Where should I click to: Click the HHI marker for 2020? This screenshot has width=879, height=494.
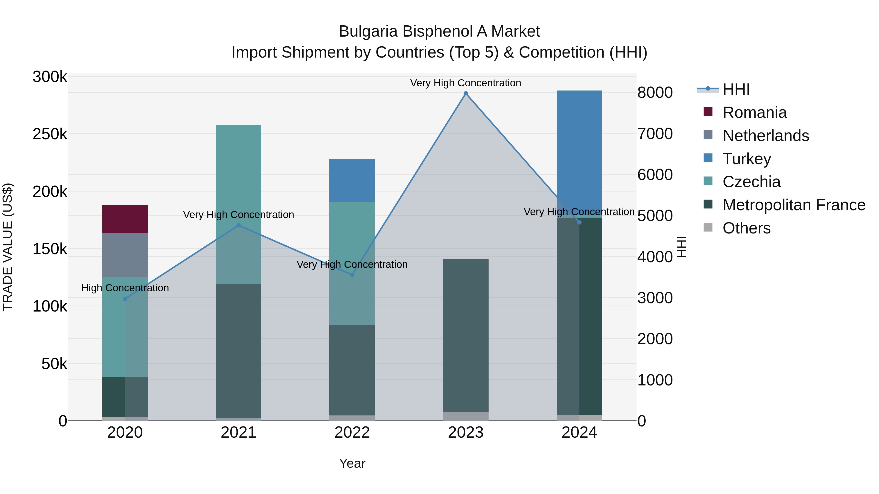tap(125, 299)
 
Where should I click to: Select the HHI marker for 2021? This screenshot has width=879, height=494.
tap(239, 225)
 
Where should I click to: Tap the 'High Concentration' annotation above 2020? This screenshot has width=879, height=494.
tap(125, 288)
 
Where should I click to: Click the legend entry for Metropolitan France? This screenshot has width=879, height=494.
tap(794, 205)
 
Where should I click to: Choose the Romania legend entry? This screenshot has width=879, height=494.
tap(754, 112)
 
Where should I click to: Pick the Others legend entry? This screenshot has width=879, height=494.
tap(746, 228)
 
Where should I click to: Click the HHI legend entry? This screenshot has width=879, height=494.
tap(736, 89)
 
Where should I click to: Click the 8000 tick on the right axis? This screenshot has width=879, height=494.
tap(654, 93)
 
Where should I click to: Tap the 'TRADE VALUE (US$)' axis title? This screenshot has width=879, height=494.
tap(8, 247)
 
